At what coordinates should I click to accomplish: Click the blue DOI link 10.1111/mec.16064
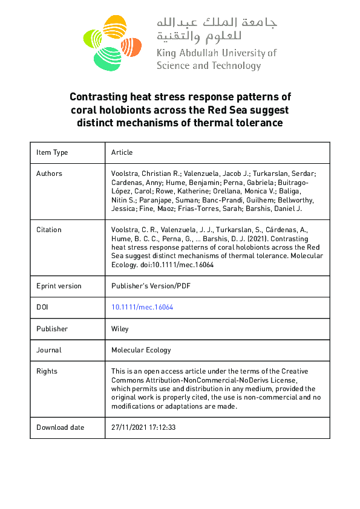pyautogui.click(x=142, y=307)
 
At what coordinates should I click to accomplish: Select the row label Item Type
pyautogui.click(x=52, y=152)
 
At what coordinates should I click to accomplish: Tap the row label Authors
pyautogui.click(x=49, y=173)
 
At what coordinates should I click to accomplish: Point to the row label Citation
pyautogui.click(x=49, y=230)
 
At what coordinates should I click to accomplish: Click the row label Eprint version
pyautogui.click(x=59, y=286)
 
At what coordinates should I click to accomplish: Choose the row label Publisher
pyautogui.click(x=52, y=329)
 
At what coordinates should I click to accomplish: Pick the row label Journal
pyautogui.click(x=50, y=350)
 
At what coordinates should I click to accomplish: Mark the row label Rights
pyautogui.click(x=47, y=371)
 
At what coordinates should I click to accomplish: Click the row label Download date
pyautogui.click(x=60, y=427)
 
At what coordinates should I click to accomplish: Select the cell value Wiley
pyautogui.click(x=120, y=329)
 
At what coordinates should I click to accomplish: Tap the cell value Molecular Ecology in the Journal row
pyautogui.click(x=141, y=350)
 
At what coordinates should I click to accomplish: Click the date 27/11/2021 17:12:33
pyautogui.click(x=143, y=427)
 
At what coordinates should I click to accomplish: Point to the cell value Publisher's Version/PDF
pyautogui.click(x=150, y=286)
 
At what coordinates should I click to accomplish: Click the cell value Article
pyautogui.click(x=122, y=152)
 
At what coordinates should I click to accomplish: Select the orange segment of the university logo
pyautogui.click(x=131, y=45)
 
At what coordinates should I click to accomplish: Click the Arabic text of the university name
pyautogui.click(x=216, y=29)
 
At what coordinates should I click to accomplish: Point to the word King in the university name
pyautogui.click(x=166, y=53)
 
